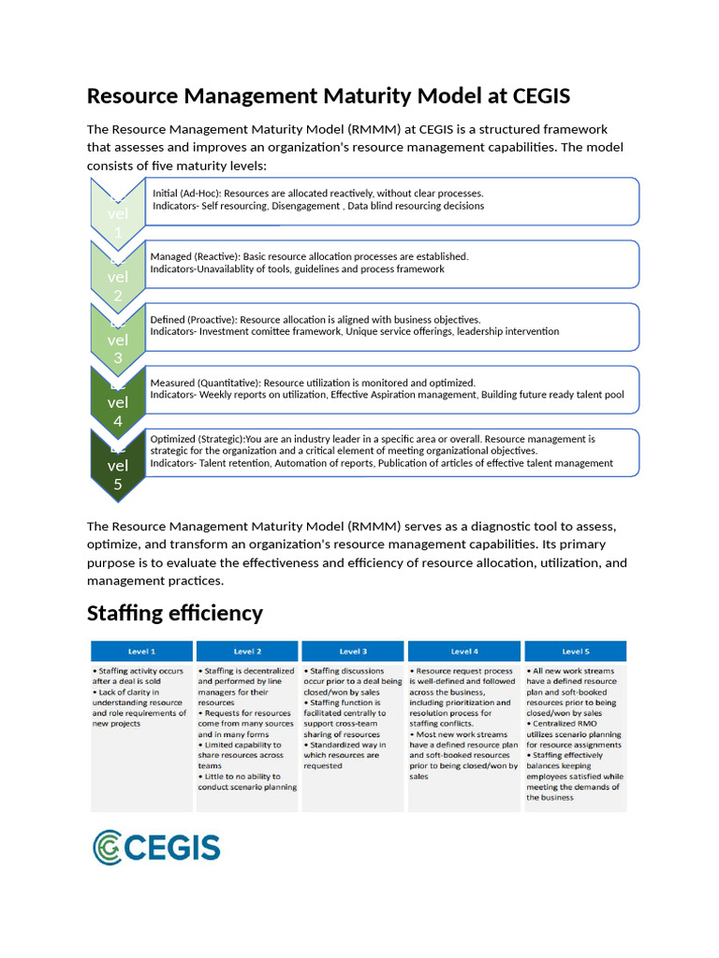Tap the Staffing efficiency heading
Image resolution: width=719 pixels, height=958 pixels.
175,614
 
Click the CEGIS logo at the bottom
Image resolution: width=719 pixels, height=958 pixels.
156,847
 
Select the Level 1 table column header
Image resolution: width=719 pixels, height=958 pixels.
141,651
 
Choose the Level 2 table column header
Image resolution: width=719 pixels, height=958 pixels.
246,651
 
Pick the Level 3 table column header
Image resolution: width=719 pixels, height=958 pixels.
352,651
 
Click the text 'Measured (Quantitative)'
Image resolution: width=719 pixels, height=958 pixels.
205,383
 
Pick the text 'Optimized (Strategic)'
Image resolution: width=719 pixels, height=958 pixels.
197,439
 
